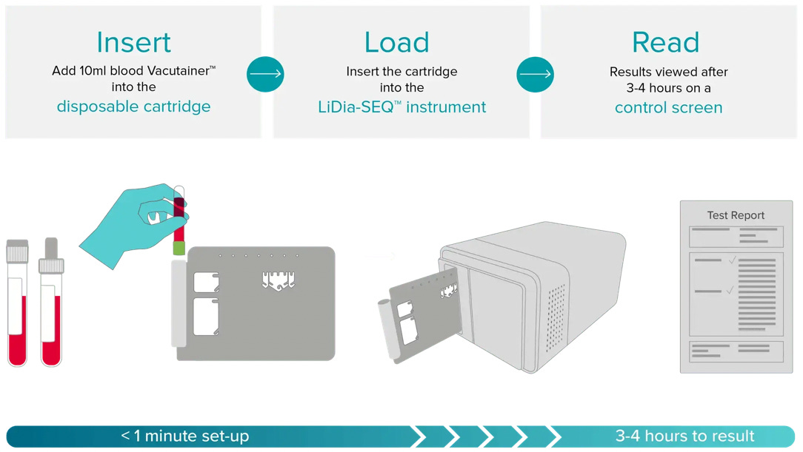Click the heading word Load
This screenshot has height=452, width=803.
click(x=397, y=42)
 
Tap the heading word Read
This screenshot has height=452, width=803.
click(x=665, y=42)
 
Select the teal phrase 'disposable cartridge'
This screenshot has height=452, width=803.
click(x=133, y=107)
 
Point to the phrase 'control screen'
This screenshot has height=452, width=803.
click(x=668, y=107)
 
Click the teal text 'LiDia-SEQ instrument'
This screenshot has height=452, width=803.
click(x=401, y=107)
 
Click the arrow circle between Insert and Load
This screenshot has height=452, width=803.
click(x=265, y=73)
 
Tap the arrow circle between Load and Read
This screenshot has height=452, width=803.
click(x=535, y=73)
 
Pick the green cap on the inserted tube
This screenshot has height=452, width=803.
click(x=179, y=248)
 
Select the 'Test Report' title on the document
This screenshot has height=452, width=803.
click(x=736, y=215)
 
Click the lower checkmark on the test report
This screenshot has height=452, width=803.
click(x=730, y=291)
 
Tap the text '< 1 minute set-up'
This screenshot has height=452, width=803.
click(x=185, y=436)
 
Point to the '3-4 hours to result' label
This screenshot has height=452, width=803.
click(x=684, y=436)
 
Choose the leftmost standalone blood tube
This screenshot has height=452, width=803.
click(x=17, y=303)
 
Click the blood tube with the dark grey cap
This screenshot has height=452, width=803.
click(x=51, y=303)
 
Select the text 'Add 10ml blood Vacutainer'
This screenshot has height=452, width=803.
click(x=133, y=71)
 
